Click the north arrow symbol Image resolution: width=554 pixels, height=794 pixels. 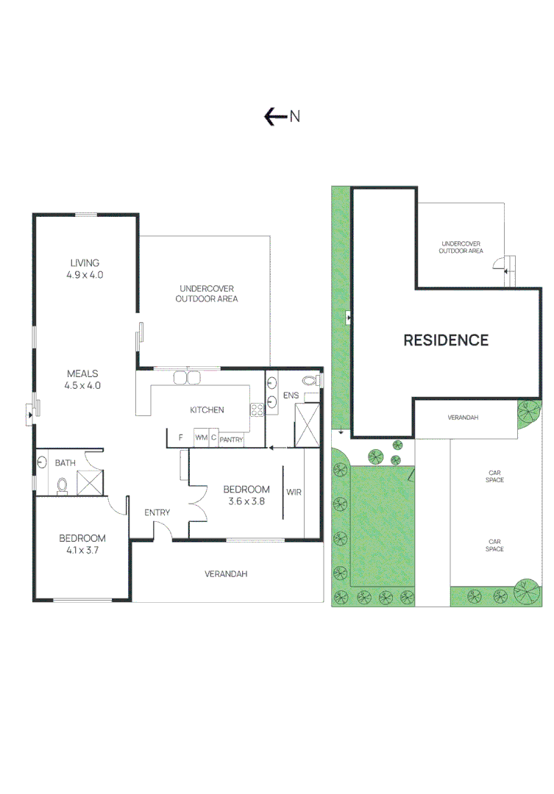(275, 116)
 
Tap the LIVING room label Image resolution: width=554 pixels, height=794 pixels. (85, 263)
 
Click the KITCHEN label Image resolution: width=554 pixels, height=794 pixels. (207, 410)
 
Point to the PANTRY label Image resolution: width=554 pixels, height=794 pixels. (231, 439)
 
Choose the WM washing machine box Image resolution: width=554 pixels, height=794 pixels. (201, 438)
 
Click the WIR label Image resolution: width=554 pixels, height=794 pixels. (294, 492)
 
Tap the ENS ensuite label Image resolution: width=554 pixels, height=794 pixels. (291, 396)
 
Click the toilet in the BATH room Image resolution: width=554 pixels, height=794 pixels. (63, 485)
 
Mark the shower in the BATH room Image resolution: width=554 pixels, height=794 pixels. (90, 482)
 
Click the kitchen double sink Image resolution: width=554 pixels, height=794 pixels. (187, 379)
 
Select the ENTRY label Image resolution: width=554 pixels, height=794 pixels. (157, 512)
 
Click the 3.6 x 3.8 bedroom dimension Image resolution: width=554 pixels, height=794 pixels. (246, 503)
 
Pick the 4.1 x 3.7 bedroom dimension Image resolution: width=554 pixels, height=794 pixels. (82, 550)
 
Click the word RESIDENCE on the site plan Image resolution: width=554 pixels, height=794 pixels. (445, 340)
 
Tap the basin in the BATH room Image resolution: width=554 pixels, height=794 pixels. (42, 463)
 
